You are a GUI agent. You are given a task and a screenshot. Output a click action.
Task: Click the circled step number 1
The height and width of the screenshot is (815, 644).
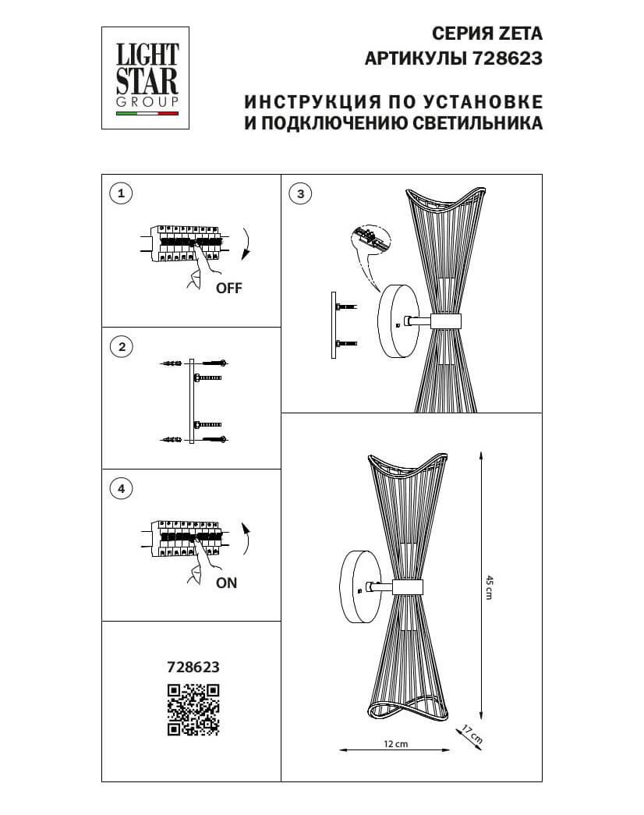(x=119, y=193)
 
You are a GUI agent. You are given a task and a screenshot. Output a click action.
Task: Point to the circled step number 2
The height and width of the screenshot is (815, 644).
(x=119, y=347)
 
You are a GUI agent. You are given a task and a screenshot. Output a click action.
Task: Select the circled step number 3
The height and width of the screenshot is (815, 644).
(x=300, y=193)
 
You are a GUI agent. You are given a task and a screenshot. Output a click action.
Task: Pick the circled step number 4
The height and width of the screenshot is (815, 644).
(x=119, y=489)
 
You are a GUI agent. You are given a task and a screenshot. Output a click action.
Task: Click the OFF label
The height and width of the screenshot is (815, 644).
(x=228, y=288)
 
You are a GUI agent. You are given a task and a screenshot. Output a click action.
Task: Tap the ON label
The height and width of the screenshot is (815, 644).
(x=227, y=583)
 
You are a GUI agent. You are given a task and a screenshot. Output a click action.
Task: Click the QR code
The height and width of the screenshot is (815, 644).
(x=193, y=709)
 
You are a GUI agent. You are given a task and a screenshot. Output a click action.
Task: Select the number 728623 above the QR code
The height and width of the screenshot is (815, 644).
(x=193, y=667)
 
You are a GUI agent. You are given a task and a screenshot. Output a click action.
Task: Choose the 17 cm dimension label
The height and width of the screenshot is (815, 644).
(x=473, y=733)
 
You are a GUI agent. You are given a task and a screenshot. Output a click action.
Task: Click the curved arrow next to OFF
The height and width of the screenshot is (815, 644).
(x=246, y=243)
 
